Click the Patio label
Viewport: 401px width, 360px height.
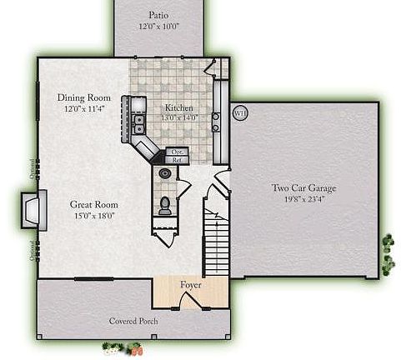tap(158, 15)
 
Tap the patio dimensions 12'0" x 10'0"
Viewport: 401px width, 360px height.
tap(158, 26)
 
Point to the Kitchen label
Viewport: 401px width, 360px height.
tap(179, 107)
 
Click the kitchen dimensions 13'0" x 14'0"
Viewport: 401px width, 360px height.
tap(179, 117)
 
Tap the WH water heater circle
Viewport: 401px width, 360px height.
tap(241, 112)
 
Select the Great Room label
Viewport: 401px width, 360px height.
tap(93, 205)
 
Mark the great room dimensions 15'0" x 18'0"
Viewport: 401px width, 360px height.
tap(93, 216)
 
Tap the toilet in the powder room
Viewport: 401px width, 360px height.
tap(165, 206)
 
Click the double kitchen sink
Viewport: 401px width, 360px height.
tap(138, 123)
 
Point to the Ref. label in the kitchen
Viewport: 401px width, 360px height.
tap(177, 159)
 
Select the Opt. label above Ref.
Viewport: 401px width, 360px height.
tap(177, 152)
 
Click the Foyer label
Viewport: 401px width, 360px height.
tap(191, 285)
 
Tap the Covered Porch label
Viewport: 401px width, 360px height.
tap(133, 321)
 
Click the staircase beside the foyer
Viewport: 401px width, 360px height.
tap(215, 242)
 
